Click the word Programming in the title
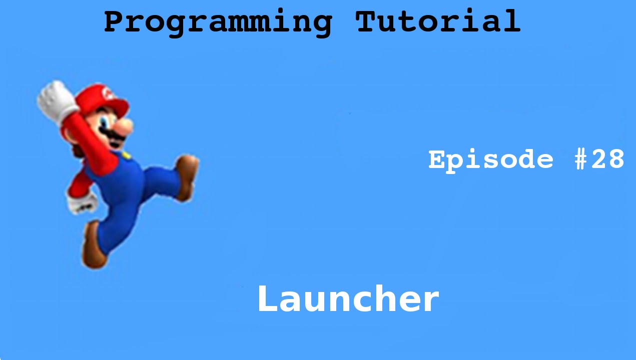coord(218,22)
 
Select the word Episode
coord(491,160)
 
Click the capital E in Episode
coord(437,160)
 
